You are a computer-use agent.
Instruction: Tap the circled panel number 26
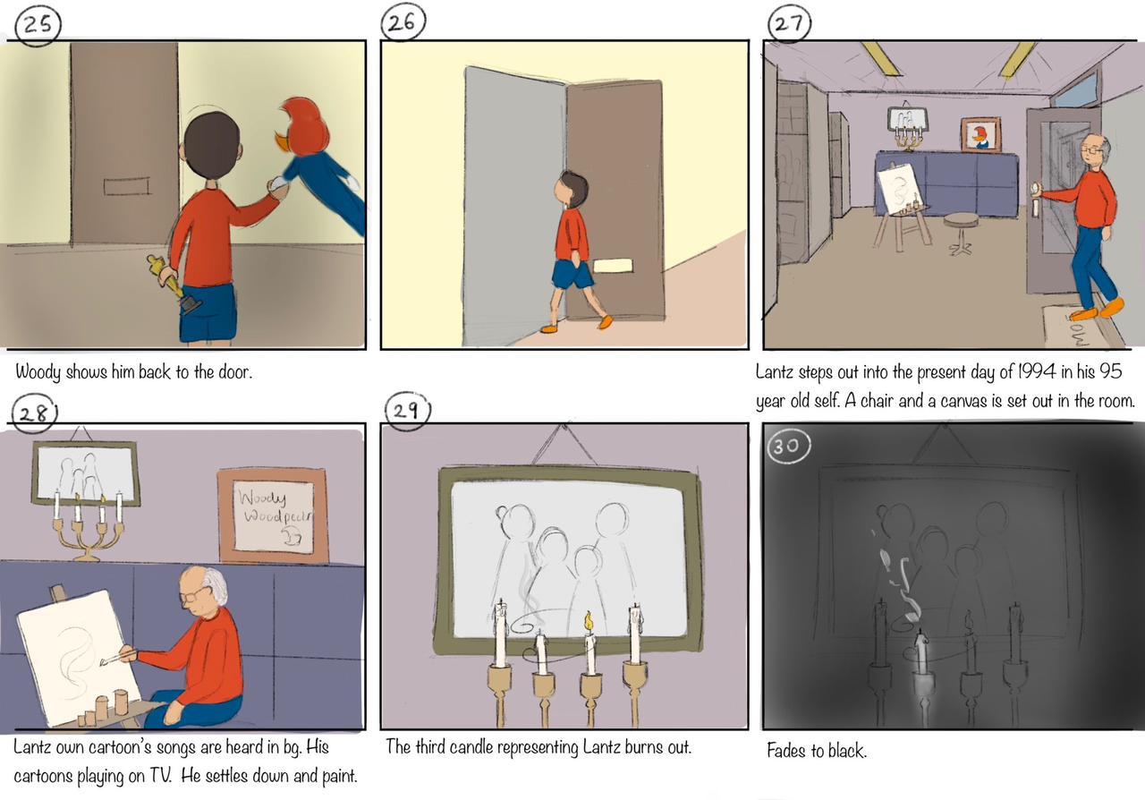click(403, 21)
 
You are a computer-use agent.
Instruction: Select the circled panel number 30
click(789, 446)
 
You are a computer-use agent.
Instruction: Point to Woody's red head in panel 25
click(302, 126)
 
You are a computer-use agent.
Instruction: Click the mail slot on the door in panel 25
click(127, 186)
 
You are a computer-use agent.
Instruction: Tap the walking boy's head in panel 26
click(573, 188)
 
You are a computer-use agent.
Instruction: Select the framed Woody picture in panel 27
click(980, 134)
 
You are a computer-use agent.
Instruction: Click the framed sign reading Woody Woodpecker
click(274, 515)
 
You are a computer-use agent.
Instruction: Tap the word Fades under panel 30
click(786, 751)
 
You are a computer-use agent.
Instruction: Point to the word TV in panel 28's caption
click(159, 776)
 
